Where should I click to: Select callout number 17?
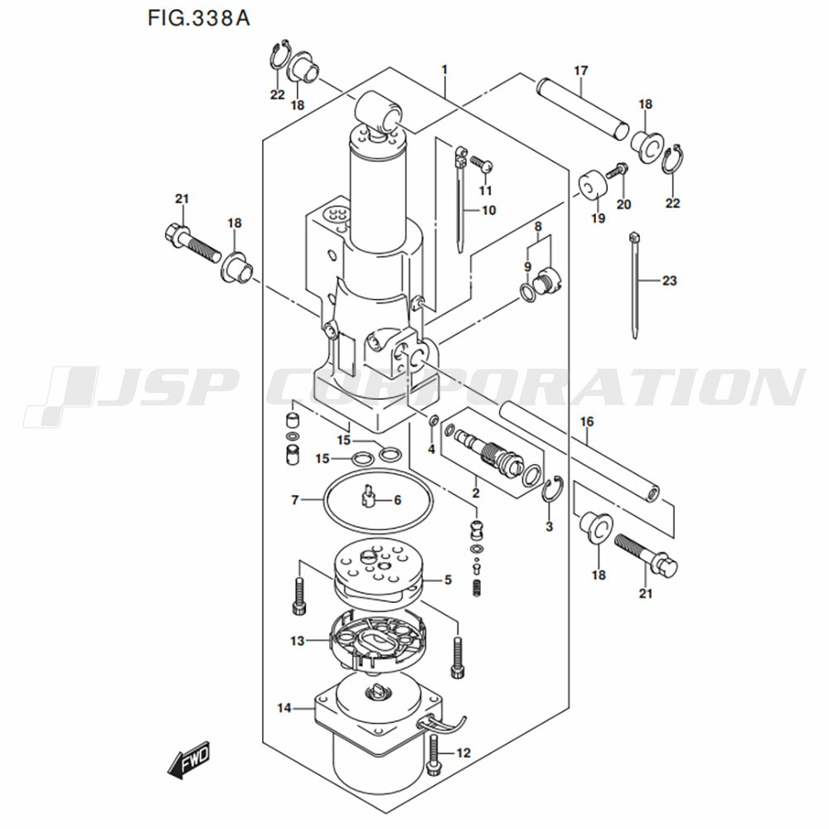(x=579, y=71)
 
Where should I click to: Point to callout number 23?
(x=669, y=281)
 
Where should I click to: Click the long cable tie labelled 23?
(x=635, y=282)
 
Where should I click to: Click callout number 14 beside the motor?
(x=284, y=708)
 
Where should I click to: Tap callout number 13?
(x=298, y=640)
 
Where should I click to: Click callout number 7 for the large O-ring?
(x=294, y=500)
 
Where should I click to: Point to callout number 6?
(x=397, y=500)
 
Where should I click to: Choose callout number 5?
(x=448, y=580)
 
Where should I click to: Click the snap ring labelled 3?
(x=551, y=493)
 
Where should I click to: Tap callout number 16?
(x=587, y=422)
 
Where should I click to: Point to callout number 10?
(x=488, y=211)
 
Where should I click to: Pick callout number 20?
(x=623, y=205)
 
